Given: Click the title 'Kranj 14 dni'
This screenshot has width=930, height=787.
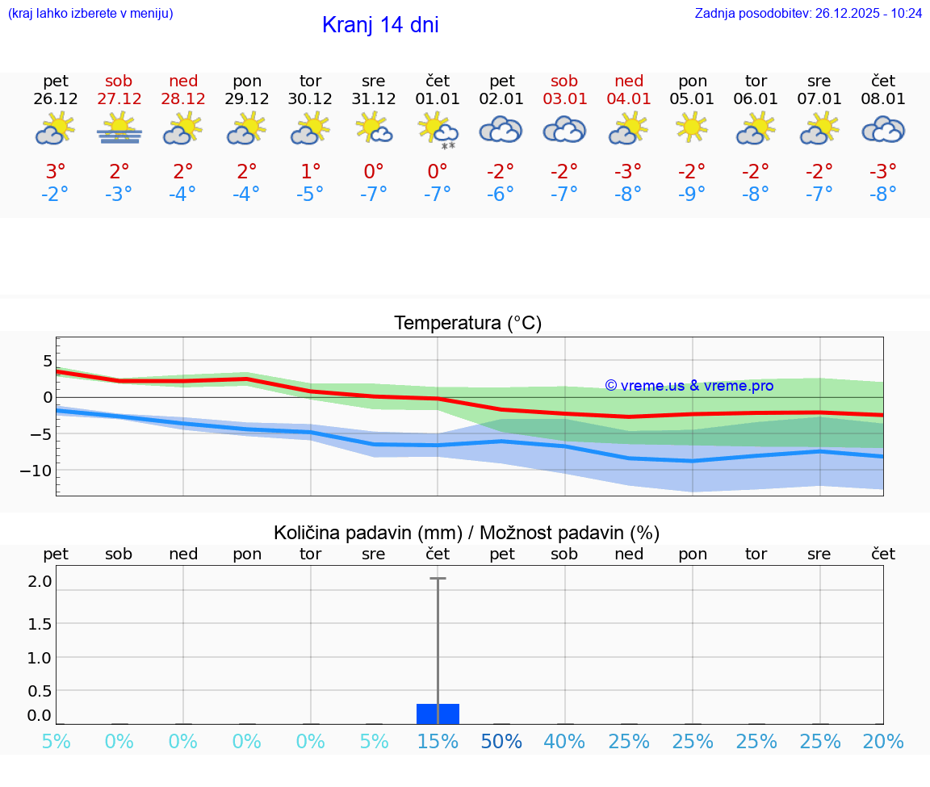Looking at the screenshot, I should pyautogui.click(x=380, y=25).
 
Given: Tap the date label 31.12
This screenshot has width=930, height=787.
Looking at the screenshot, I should pyautogui.click(x=374, y=98).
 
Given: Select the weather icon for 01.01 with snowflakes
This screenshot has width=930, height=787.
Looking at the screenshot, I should pyautogui.click(x=438, y=131).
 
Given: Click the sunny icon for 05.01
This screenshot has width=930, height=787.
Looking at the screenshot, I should pyautogui.click(x=692, y=128).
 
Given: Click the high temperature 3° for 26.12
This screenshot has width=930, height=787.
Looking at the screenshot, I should pyautogui.click(x=56, y=172).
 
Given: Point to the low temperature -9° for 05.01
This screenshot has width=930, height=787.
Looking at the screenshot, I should pyautogui.click(x=692, y=195).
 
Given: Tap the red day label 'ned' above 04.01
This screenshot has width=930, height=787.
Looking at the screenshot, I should pyautogui.click(x=629, y=81).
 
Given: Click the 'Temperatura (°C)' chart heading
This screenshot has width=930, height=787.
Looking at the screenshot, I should pyautogui.click(x=467, y=324).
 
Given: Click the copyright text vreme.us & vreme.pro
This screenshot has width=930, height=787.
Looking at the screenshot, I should pyautogui.click(x=689, y=386).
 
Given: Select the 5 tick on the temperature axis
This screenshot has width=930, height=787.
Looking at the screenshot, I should pyautogui.click(x=48, y=360).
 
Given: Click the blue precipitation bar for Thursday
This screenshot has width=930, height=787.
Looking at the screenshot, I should pyautogui.click(x=438, y=714).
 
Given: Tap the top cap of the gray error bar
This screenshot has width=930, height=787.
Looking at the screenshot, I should pyautogui.click(x=438, y=579).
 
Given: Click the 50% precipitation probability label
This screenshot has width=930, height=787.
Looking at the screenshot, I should pyautogui.click(x=501, y=742).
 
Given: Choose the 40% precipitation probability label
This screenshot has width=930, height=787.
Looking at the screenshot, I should pyautogui.click(x=564, y=742).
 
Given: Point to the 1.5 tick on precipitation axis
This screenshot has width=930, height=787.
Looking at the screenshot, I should pyautogui.click(x=40, y=624).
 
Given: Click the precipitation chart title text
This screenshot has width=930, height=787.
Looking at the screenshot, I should pyautogui.click(x=467, y=533).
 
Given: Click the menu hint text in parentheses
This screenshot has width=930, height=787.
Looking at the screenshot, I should pyautogui.click(x=90, y=13).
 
